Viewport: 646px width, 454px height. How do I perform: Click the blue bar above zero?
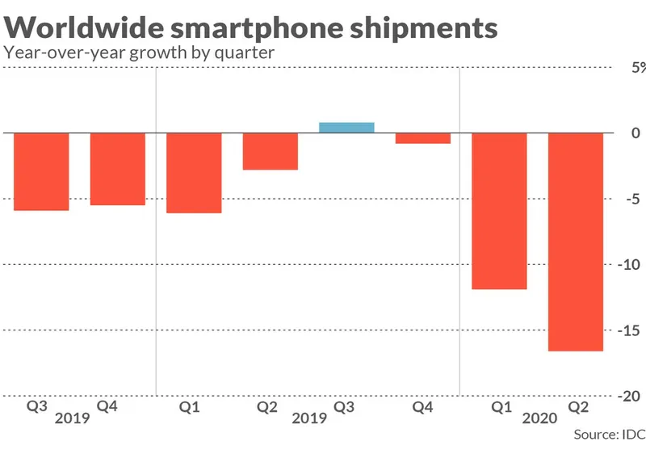coord(346,127)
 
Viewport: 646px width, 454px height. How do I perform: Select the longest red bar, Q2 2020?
coord(576,242)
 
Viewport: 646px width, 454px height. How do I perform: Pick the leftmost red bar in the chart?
coord(41,170)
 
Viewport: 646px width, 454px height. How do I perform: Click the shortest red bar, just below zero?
coord(423,137)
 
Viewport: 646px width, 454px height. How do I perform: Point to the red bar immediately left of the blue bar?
coord(271,151)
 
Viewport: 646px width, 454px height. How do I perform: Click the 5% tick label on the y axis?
coord(637,68)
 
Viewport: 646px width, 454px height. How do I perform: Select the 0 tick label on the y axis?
coord(636,133)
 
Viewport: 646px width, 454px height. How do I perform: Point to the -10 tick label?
coord(632,265)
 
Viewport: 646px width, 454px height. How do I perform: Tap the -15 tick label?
coord(632,330)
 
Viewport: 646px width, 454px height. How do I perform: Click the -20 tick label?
coord(632,397)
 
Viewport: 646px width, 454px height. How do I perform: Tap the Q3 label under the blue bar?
coord(344,407)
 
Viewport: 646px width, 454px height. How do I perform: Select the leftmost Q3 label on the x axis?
coord(36,407)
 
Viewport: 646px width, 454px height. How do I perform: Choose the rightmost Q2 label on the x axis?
coord(575,407)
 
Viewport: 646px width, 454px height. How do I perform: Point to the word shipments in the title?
coord(426,28)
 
